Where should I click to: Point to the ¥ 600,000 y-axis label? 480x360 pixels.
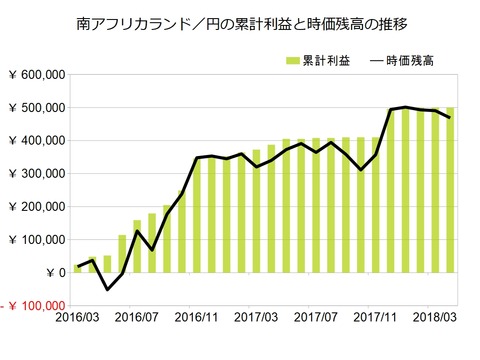pyautogui.click(x=35, y=75)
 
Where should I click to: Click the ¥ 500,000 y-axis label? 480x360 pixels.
pyautogui.click(x=35, y=108)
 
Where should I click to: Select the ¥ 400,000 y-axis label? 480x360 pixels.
pyautogui.click(x=35, y=141)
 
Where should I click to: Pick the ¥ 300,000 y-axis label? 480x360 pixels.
pyautogui.click(x=35, y=174)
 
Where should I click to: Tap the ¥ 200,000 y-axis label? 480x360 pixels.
pyautogui.click(x=35, y=207)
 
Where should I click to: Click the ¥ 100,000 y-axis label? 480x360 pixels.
pyautogui.click(x=35, y=240)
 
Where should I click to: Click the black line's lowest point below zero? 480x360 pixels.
pyautogui.click(x=108, y=290)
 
